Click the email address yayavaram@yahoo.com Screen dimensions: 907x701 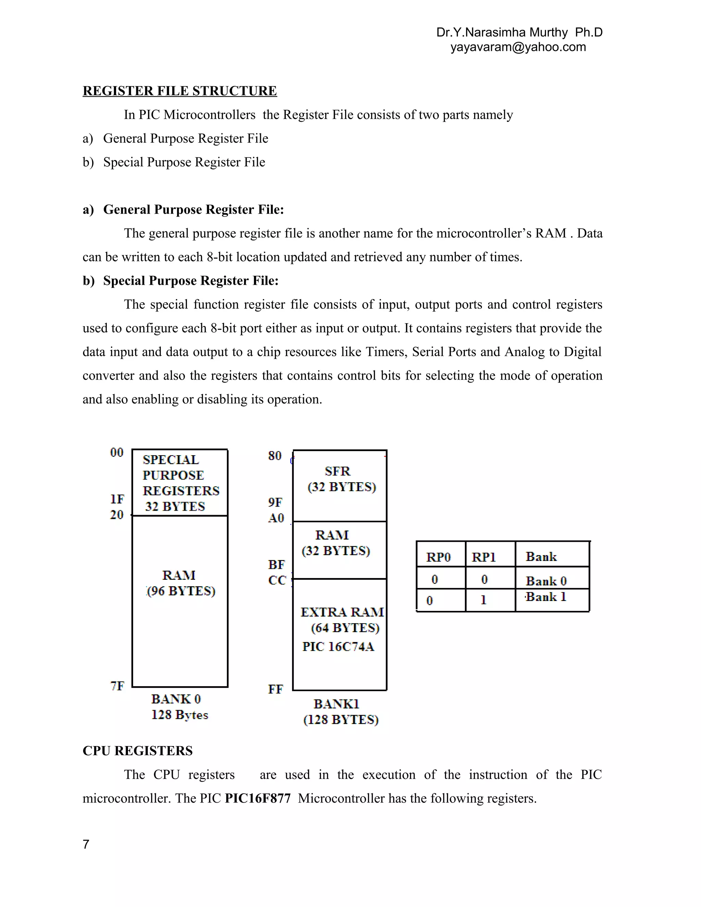coord(518,47)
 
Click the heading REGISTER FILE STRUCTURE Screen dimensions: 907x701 coord(179,91)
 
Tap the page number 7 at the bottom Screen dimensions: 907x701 coord(86,844)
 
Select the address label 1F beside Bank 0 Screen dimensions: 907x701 coord(117,499)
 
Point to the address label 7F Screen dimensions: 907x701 coord(117,686)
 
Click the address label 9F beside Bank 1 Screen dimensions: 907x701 coord(275,502)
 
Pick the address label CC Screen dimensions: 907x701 coord(277,580)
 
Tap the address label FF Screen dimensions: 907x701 coord(275,689)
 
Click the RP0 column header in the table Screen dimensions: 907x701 coord(438,557)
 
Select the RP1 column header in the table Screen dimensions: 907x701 coord(484,557)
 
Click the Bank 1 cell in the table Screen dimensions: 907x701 coord(546,597)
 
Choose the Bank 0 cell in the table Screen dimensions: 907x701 coord(546,580)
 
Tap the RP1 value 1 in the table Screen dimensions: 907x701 coord(483,600)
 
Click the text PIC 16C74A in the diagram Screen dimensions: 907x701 coord(338,647)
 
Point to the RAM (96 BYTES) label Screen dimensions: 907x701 coord(180,583)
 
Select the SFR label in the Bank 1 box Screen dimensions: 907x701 coord(337,471)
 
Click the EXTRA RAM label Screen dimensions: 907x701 coord(342,612)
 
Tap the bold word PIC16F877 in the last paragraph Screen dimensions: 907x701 coord(257,798)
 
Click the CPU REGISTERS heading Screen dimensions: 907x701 coord(138,751)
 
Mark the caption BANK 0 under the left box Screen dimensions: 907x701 coord(176,699)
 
